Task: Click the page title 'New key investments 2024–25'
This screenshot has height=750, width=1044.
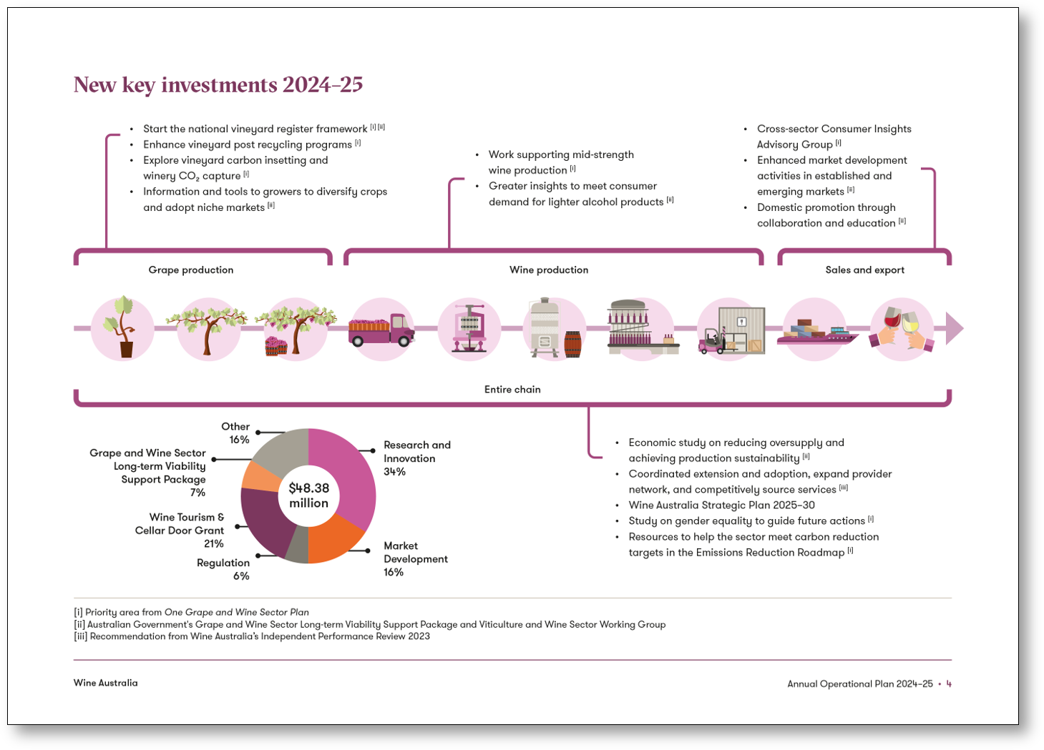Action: (218, 85)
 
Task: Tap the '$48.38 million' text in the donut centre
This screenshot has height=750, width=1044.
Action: (309, 495)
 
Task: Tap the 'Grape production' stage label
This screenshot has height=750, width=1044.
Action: (191, 270)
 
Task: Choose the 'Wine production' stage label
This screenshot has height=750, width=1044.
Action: (549, 270)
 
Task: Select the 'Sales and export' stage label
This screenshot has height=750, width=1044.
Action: (864, 270)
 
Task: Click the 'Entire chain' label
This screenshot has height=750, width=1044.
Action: (512, 389)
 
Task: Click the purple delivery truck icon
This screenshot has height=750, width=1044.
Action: (381, 330)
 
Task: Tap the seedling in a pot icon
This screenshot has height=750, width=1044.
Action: (122, 327)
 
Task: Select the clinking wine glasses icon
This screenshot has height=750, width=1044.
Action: (902, 329)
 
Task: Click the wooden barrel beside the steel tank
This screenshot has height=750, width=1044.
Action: (572, 344)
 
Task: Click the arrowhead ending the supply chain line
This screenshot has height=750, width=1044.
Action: (955, 328)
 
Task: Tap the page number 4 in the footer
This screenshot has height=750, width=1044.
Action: (949, 684)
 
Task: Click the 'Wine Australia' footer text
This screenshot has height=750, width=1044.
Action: (106, 683)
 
